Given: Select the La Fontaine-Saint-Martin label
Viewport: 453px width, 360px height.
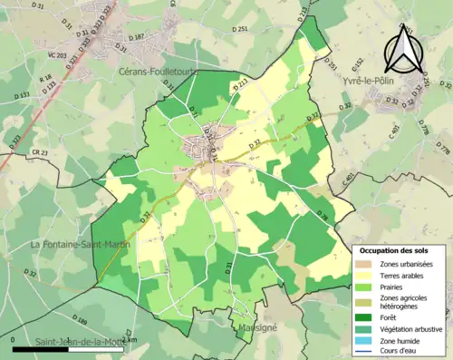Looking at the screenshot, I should pyautogui.click(x=81, y=245).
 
